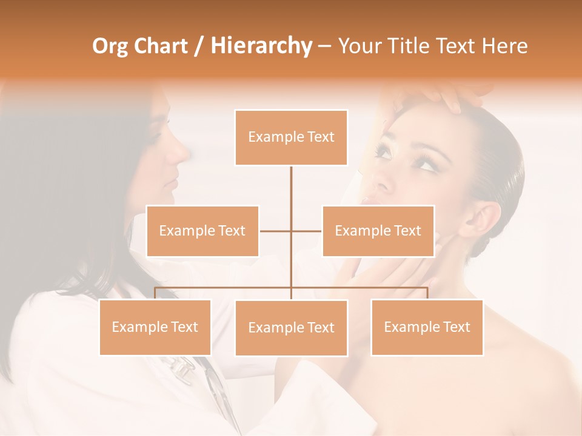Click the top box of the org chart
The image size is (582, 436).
click(x=291, y=137)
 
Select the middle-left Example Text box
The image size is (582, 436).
click(x=202, y=231)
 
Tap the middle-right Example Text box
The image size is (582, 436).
click(x=378, y=231)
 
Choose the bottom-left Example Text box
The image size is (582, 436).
click(x=155, y=327)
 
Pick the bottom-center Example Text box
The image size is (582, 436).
click(x=291, y=328)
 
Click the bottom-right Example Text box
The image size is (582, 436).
click(x=427, y=327)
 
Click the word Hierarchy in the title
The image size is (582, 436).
click(x=261, y=46)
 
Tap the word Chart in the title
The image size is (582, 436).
click(x=161, y=46)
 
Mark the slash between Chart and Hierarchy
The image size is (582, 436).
click(x=199, y=47)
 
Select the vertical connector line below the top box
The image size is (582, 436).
click(x=291, y=188)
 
